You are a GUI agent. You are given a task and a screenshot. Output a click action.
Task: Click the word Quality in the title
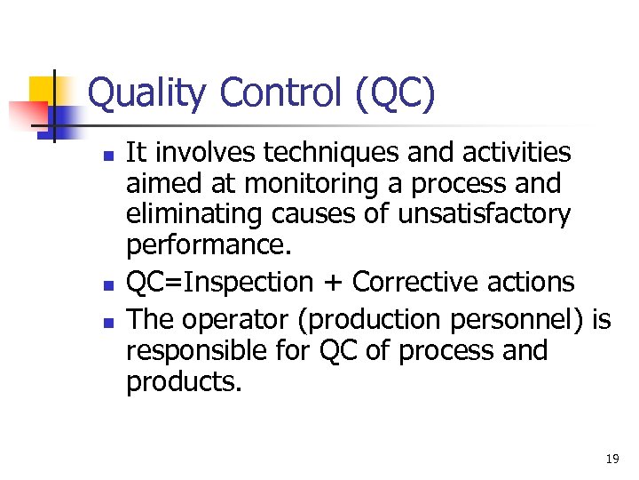[x=147, y=94]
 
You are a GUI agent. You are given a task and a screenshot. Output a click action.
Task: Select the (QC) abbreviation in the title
[x=395, y=94]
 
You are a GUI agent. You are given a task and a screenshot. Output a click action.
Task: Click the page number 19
[x=611, y=460]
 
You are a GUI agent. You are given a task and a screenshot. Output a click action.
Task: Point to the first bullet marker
[x=106, y=155]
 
